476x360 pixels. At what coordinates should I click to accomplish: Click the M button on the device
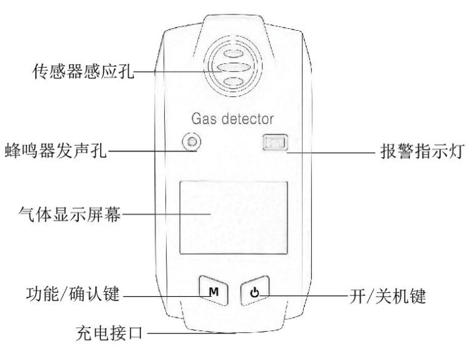click(214, 291)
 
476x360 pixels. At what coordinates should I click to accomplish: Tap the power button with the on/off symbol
click(255, 291)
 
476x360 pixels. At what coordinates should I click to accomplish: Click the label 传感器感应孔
click(83, 71)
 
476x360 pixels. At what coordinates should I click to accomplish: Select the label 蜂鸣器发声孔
click(56, 150)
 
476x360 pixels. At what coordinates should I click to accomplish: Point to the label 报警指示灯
click(422, 151)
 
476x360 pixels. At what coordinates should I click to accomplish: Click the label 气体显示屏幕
click(70, 214)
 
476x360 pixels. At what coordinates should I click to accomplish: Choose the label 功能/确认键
click(73, 294)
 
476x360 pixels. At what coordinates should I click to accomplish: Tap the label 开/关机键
click(388, 296)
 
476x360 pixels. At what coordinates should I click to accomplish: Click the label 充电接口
click(109, 333)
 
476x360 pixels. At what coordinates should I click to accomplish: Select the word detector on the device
click(247, 119)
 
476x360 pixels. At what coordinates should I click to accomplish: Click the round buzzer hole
click(192, 141)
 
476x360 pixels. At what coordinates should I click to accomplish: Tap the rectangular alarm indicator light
click(275, 142)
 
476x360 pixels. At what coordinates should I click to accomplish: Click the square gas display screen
click(234, 218)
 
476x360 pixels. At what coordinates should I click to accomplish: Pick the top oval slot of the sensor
click(234, 53)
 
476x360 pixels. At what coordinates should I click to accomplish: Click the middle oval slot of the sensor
click(234, 67)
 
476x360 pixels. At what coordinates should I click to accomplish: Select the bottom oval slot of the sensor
click(234, 81)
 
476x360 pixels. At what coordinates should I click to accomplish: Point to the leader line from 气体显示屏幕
click(167, 214)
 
